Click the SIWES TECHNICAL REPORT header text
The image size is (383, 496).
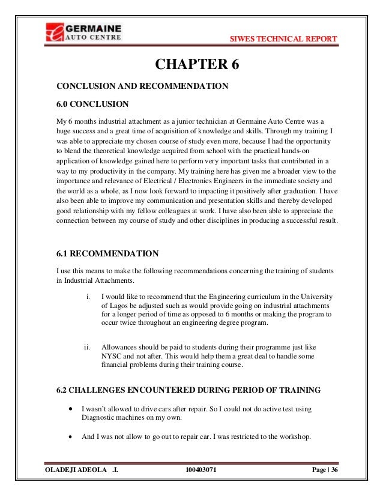284,40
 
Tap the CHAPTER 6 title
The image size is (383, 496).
197,64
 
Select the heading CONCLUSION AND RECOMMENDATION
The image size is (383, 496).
142,86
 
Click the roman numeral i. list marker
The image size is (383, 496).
89,296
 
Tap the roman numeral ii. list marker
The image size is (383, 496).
87,347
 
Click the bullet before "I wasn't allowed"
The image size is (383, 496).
71,408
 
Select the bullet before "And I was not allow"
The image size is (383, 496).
71,437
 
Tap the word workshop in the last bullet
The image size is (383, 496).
292,437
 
